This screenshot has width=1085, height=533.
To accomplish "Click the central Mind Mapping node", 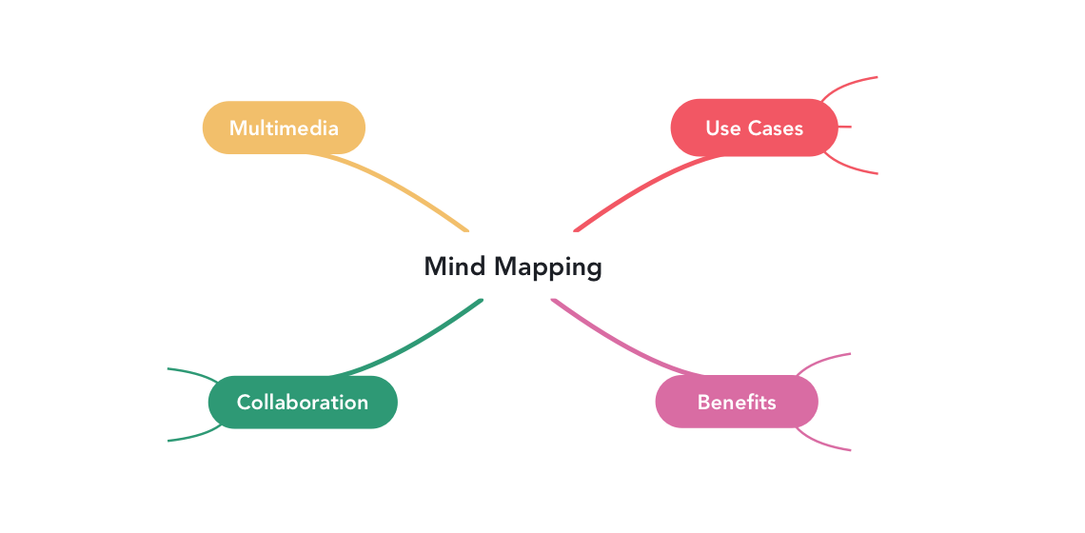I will click(513, 266).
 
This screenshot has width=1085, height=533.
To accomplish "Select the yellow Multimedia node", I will click(284, 128).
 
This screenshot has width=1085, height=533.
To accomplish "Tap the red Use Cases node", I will click(754, 128).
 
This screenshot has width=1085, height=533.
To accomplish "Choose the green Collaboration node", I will click(302, 402).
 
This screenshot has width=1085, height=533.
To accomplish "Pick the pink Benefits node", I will click(737, 402).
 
